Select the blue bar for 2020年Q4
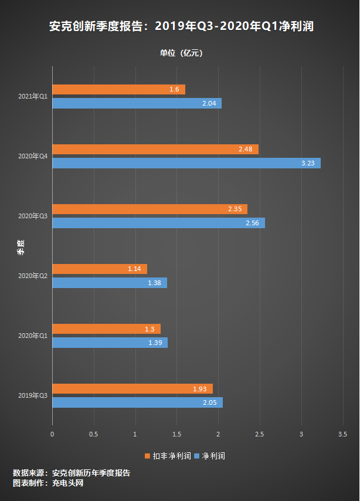[186, 163]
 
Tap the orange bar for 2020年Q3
[150, 209]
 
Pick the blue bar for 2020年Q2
[110, 283]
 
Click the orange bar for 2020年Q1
[106, 329]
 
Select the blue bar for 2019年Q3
[137, 402]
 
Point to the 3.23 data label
[308, 163]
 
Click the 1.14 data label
[135, 269]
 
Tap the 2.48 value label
[245, 150]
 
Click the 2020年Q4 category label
[33, 156]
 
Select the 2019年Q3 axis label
[33, 395]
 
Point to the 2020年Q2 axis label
[33, 276]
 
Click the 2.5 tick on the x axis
[260, 434]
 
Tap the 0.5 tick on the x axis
[93, 434]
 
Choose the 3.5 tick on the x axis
[343, 434]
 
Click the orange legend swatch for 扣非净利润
[148, 456]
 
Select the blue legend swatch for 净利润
[197, 456]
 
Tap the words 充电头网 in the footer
[68, 483]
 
